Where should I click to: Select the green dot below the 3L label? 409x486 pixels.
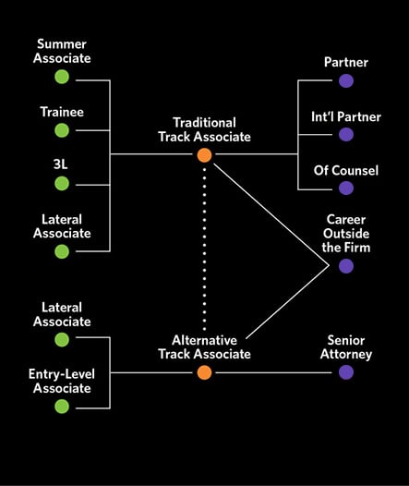pyautogui.click(x=62, y=182)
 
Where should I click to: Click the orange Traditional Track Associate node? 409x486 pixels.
pyautogui.click(x=204, y=155)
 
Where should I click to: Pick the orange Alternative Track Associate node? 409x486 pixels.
pyautogui.click(x=204, y=372)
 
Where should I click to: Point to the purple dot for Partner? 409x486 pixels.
pyautogui.click(x=346, y=80)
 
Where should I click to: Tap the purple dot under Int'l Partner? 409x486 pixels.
pyautogui.click(x=346, y=134)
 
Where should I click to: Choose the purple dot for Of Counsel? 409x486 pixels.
pyautogui.click(x=346, y=188)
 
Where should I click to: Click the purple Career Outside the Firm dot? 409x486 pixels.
pyautogui.click(x=346, y=266)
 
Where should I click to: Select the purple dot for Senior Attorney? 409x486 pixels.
pyautogui.click(x=346, y=372)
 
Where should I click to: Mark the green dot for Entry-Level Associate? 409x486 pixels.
pyautogui.click(x=62, y=407)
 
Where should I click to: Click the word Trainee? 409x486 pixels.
pyautogui.click(x=62, y=113)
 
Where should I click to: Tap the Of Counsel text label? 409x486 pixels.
pyautogui.click(x=346, y=170)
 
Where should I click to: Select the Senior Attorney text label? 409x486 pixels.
pyautogui.click(x=346, y=346)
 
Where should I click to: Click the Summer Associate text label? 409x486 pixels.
pyautogui.click(x=62, y=52)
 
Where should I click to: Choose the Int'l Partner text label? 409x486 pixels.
pyautogui.click(x=346, y=116)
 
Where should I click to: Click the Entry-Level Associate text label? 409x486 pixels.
pyautogui.click(x=62, y=381)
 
